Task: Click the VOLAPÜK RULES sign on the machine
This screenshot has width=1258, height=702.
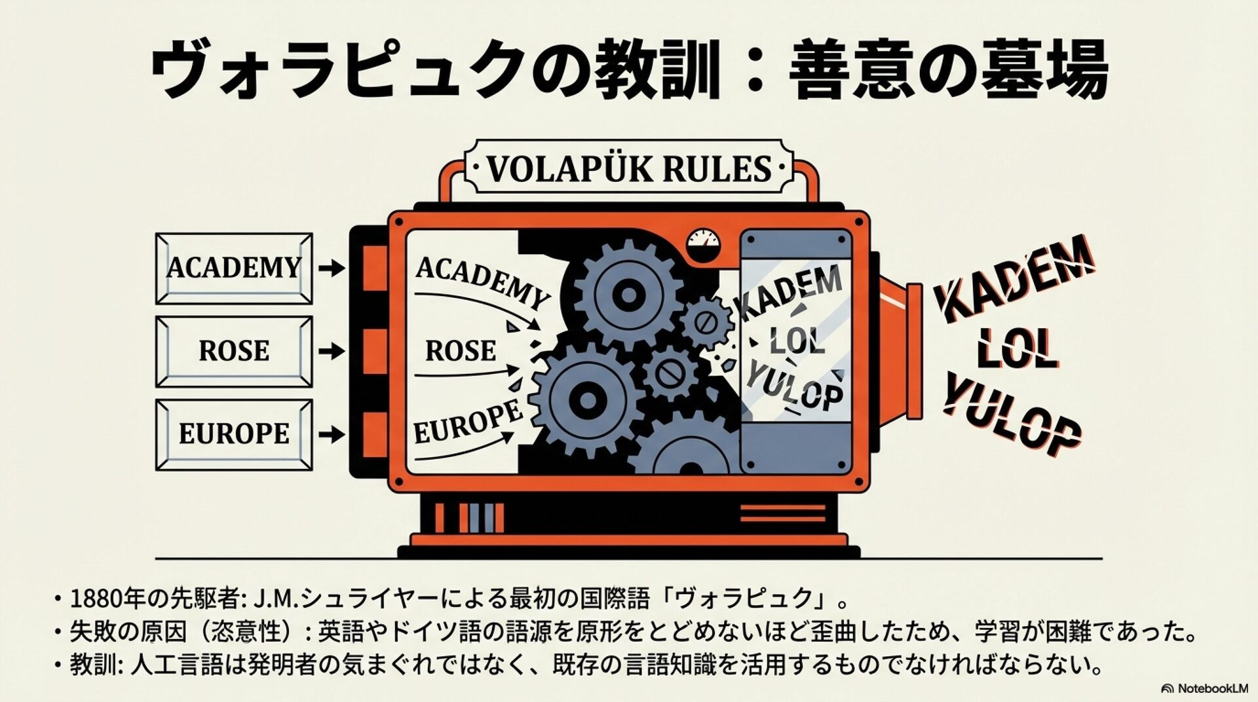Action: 628,168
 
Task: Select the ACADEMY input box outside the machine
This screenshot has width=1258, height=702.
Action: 234,268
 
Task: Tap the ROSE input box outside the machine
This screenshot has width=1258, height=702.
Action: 234,351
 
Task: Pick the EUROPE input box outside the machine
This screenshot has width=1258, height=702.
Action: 234,434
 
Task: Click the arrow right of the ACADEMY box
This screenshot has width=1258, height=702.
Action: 332,268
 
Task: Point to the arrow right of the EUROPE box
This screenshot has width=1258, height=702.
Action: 332,434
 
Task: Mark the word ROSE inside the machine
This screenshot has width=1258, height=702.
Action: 461,351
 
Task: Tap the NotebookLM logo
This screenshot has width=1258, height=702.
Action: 1204,688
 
